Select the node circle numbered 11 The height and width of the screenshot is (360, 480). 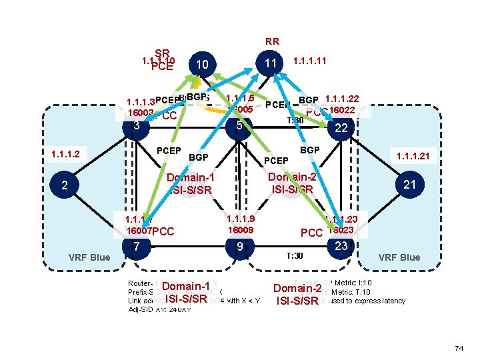click(270, 64)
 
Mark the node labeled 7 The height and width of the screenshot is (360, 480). click(137, 247)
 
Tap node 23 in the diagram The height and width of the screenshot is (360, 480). click(341, 246)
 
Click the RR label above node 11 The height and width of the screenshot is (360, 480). click(272, 41)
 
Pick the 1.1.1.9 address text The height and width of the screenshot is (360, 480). click(241, 219)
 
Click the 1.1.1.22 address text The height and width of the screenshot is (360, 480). click(341, 99)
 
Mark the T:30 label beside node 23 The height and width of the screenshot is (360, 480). click(294, 256)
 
